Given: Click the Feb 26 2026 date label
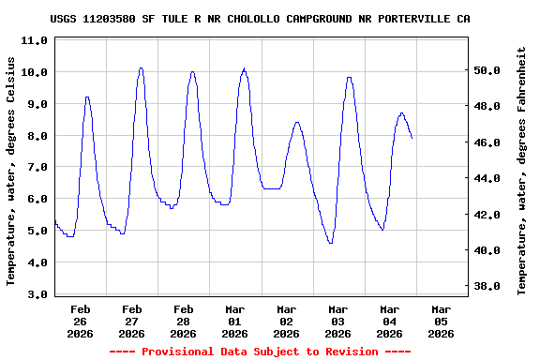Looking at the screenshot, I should pos(81,321).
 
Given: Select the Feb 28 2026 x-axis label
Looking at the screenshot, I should pos(184,321).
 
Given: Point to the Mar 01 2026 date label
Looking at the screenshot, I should pos(235,321).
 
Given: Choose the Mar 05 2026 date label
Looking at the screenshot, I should pos(441,321).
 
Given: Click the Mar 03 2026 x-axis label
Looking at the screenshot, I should pos(337,321).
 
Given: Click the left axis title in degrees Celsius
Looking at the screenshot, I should pos(11,170).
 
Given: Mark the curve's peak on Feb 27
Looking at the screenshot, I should pos(141,67).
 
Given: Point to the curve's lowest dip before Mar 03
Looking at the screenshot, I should pos(330,243).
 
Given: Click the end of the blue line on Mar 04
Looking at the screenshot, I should pos(412,138).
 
